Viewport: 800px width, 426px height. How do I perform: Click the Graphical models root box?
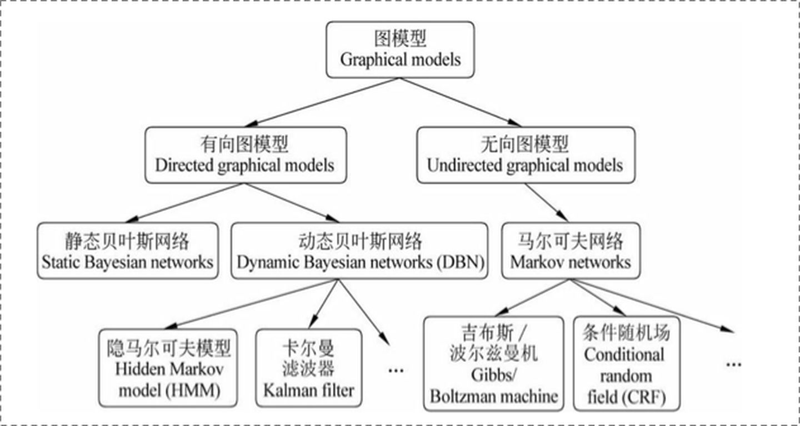tap(400, 50)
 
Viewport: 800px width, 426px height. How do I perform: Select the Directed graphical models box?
tap(245, 155)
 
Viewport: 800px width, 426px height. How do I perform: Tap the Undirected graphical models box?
tap(525, 155)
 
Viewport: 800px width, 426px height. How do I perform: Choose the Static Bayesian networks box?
tap(127, 251)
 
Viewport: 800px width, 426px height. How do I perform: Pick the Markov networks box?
tap(570, 251)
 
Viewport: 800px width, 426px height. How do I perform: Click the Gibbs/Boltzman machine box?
tap(493, 364)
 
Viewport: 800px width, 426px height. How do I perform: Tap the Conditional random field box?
tap(624, 364)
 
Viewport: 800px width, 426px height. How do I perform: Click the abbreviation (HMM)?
tap(193, 390)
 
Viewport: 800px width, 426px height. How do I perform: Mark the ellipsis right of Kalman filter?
tap(395, 369)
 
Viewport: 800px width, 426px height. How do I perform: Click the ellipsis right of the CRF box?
tap(733, 364)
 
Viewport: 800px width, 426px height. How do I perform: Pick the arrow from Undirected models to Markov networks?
tap(546, 202)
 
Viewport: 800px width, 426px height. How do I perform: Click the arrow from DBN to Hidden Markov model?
tap(250, 304)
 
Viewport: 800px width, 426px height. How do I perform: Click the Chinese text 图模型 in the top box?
tap(400, 39)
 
